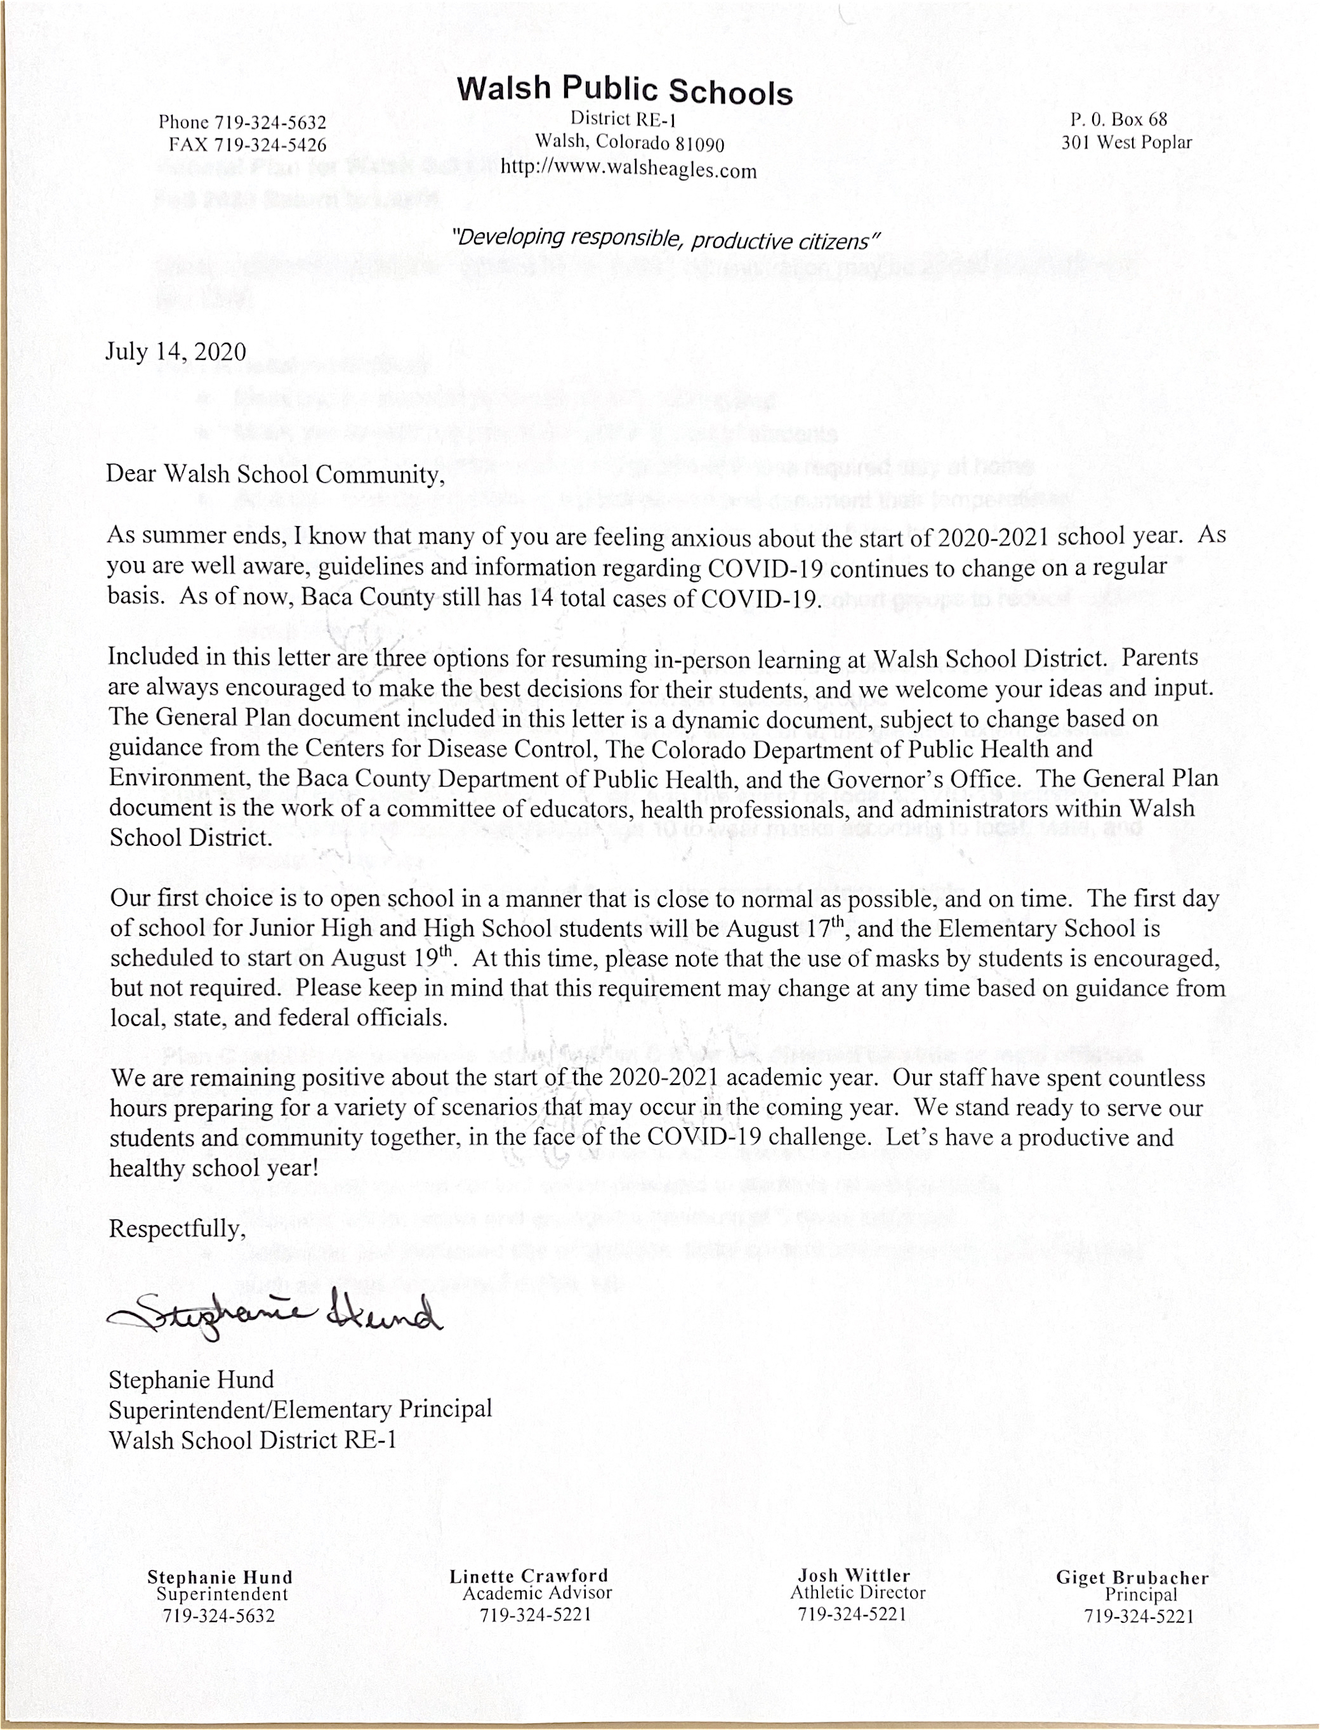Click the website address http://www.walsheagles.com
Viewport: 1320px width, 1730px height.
click(x=628, y=169)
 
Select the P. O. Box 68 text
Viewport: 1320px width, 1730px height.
click(x=1118, y=120)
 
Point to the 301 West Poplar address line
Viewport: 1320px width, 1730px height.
click(x=1126, y=143)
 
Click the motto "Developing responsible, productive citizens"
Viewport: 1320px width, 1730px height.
click(x=664, y=239)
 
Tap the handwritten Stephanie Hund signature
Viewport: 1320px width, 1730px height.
click(x=275, y=1311)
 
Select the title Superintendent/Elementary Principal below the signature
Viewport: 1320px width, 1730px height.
click(x=300, y=1410)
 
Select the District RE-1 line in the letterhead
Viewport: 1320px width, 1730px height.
click(x=623, y=119)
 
